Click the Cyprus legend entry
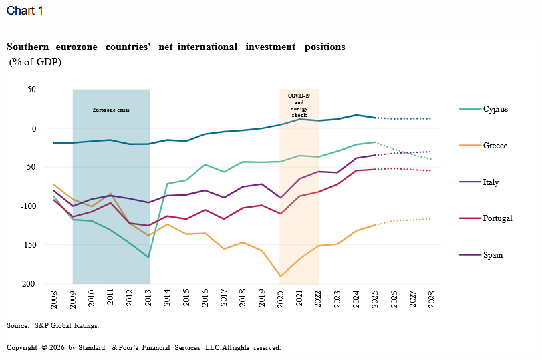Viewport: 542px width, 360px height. point(495,109)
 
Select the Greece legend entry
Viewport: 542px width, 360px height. point(495,146)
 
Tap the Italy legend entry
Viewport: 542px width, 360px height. point(491,182)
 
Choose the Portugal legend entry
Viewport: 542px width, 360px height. point(497,218)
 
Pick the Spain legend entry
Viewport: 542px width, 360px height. point(493,255)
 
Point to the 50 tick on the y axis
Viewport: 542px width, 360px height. point(31,89)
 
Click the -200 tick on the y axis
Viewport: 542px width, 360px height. point(27,284)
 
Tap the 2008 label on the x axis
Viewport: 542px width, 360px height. point(54,297)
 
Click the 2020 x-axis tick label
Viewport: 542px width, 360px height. point(280,297)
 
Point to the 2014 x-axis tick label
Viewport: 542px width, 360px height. point(167,297)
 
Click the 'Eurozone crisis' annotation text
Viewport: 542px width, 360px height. point(111,109)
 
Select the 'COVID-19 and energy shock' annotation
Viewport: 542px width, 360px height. point(299,106)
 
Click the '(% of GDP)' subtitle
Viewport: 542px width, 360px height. point(35,62)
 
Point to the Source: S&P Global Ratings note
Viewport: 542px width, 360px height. point(53,326)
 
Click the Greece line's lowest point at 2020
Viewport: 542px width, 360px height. point(280,276)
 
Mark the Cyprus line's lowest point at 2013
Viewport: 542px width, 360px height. point(148,257)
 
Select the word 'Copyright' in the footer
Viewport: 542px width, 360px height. point(22,348)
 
